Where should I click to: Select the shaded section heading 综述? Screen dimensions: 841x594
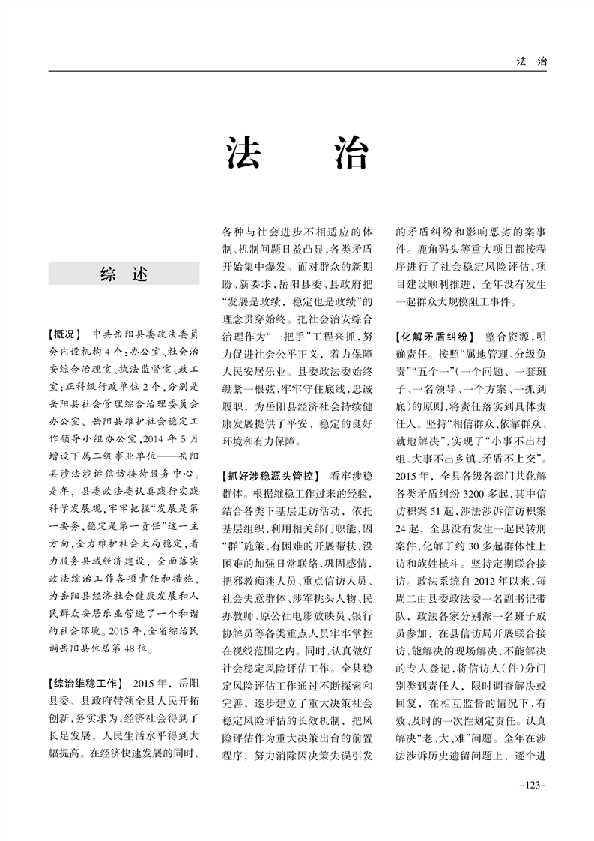click(124, 274)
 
